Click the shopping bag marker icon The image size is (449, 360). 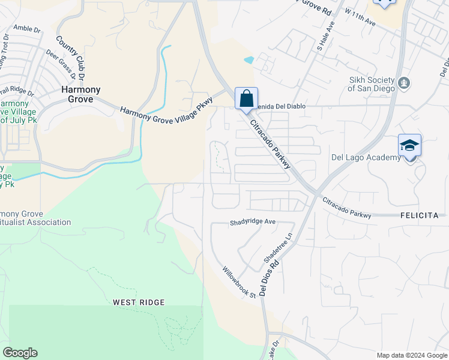[246, 98]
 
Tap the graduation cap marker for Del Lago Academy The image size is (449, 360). [409, 146]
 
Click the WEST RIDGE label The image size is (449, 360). [139, 302]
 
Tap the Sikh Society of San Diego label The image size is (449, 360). [372, 85]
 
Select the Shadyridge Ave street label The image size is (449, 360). [252, 222]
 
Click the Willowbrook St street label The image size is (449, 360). [240, 282]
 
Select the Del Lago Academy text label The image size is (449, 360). [366, 158]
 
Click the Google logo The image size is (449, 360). [20, 353]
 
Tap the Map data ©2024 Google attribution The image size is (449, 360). [411, 355]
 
